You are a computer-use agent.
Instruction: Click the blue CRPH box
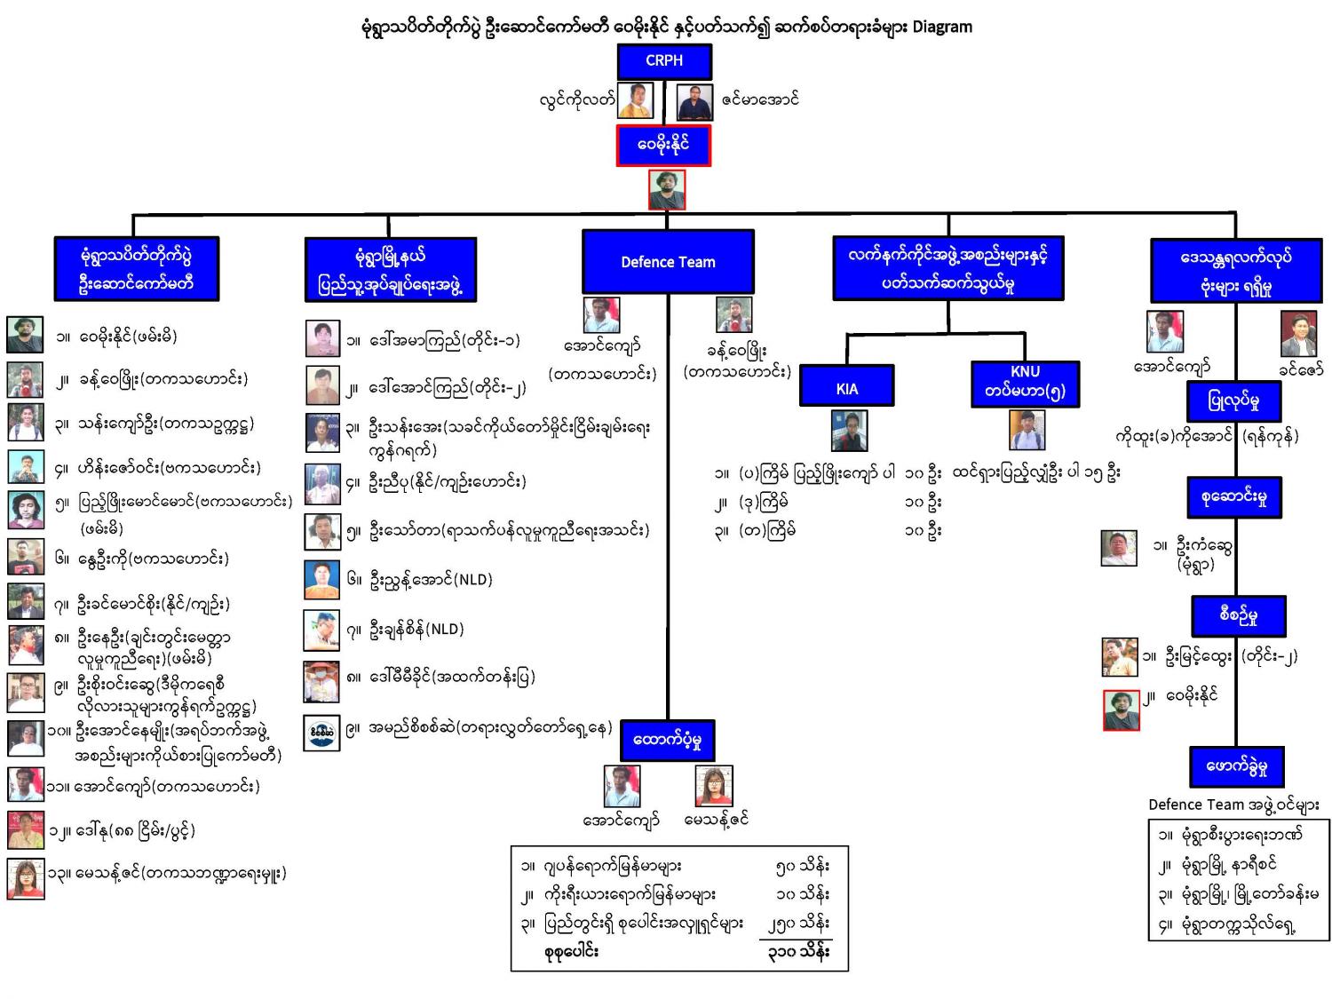[664, 61]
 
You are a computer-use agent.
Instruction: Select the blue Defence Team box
[668, 262]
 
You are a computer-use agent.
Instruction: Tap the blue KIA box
[846, 388]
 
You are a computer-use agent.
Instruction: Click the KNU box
[1025, 383]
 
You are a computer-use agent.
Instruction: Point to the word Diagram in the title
[942, 27]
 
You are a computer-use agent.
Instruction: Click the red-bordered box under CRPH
[663, 145]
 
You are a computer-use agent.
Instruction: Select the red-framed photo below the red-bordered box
[666, 190]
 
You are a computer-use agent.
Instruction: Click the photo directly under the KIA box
[849, 431]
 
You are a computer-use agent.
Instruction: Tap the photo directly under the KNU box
[1027, 431]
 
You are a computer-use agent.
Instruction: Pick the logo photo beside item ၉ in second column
[321, 733]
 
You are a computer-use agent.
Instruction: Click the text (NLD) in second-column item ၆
[472, 580]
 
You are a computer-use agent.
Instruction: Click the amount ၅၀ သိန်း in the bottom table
[802, 866]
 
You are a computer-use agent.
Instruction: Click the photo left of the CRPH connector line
[636, 100]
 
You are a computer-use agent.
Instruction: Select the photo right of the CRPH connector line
[694, 101]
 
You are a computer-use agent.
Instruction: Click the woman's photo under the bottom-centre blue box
[713, 786]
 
